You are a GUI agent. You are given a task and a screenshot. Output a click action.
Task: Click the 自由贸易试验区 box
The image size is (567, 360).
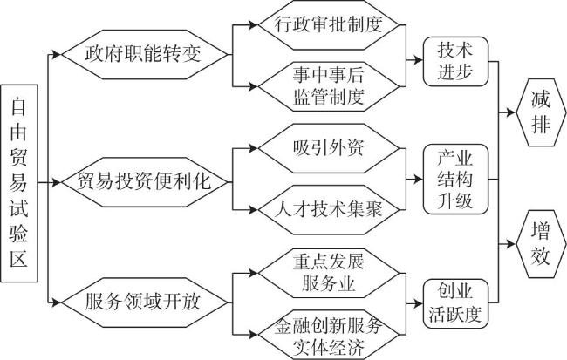coord(19,183)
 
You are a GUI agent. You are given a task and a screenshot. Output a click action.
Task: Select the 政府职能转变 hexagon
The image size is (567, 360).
coord(145,55)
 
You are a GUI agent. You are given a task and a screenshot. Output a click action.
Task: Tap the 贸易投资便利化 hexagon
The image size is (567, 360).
coord(145,182)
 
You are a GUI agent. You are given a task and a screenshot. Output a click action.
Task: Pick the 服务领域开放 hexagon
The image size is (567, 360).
coord(145,302)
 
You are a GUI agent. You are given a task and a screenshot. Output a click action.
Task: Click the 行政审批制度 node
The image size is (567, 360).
coord(329,25)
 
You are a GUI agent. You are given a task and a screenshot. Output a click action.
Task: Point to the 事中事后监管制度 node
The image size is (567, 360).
coord(329,86)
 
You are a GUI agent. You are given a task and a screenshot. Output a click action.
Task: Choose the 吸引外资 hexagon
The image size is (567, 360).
coord(329,148)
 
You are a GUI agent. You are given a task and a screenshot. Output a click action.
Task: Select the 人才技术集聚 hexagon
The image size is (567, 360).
coord(329,210)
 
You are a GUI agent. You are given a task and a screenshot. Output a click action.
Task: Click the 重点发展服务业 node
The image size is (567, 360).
coord(329,273)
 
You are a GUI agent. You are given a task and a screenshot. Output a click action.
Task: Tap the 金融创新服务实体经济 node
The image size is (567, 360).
coord(329,335)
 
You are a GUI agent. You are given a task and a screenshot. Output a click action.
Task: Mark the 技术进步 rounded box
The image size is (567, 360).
coord(455,61)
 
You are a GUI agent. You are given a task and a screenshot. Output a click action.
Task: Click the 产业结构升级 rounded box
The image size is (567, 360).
coord(455,180)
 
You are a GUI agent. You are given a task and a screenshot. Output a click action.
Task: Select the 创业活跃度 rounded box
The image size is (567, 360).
coord(455,303)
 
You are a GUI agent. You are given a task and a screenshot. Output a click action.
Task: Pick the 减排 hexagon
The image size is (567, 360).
coord(541,112)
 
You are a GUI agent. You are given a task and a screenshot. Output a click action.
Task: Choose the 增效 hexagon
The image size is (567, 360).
coord(541,244)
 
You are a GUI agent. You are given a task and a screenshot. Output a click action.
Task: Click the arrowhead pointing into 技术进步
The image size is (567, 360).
coord(419,60)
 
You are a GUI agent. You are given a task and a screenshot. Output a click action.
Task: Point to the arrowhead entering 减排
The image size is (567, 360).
coord(511,112)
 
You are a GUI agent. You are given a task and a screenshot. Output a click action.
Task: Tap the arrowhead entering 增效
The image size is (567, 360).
coord(511,244)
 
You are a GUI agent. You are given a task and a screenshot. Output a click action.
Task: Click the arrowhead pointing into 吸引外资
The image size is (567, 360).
coord(253,148)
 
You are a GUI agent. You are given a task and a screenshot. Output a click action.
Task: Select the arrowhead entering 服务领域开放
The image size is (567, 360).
coord(57,302)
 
